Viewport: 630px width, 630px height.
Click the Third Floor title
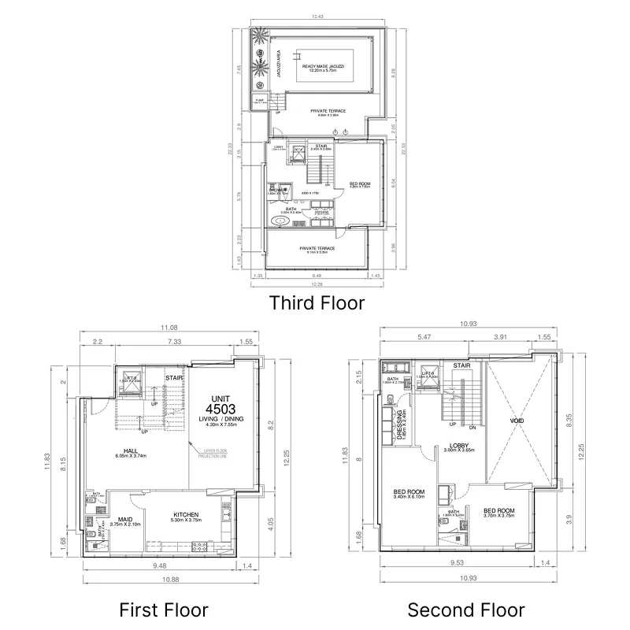[x=317, y=302]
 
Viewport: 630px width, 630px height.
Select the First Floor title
[x=164, y=609]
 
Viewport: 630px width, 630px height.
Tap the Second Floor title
[x=465, y=609]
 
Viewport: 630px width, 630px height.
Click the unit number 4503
[x=220, y=409]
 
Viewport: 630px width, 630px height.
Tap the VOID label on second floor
[x=517, y=421]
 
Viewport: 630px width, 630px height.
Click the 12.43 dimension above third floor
[x=317, y=17]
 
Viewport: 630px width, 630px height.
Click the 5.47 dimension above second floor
[x=425, y=337]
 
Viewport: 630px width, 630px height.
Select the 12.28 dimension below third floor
[x=317, y=285]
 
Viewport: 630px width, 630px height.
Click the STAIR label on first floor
[x=174, y=378]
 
